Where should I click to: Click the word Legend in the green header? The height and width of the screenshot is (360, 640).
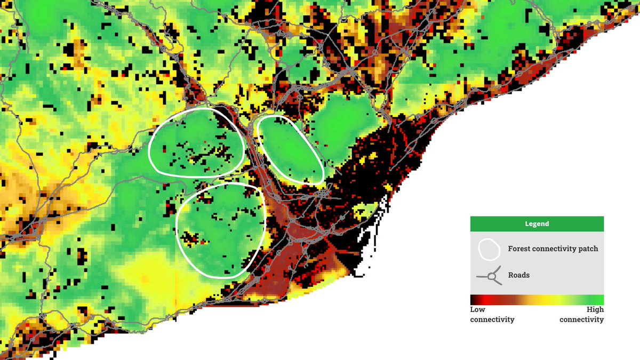click(537, 224)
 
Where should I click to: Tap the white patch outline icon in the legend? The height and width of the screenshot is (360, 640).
click(489, 249)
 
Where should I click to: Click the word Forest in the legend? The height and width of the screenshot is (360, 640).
click(519, 249)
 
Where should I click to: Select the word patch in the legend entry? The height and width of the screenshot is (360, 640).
click(588, 249)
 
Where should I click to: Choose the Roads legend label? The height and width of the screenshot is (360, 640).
click(519, 275)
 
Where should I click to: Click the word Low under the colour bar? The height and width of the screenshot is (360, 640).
click(477, 310)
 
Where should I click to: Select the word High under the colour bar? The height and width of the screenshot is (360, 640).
click(595, 310)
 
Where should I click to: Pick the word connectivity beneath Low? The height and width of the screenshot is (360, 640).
click(492, 319)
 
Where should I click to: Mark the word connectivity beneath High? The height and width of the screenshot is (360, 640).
click(581, 319)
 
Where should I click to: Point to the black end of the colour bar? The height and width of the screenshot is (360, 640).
click(473, 300)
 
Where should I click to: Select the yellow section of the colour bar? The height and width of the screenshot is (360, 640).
click(549, 300)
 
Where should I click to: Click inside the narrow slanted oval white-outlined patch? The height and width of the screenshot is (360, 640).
click(290, 150)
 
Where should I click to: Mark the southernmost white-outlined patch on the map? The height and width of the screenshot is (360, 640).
click(220, 229)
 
